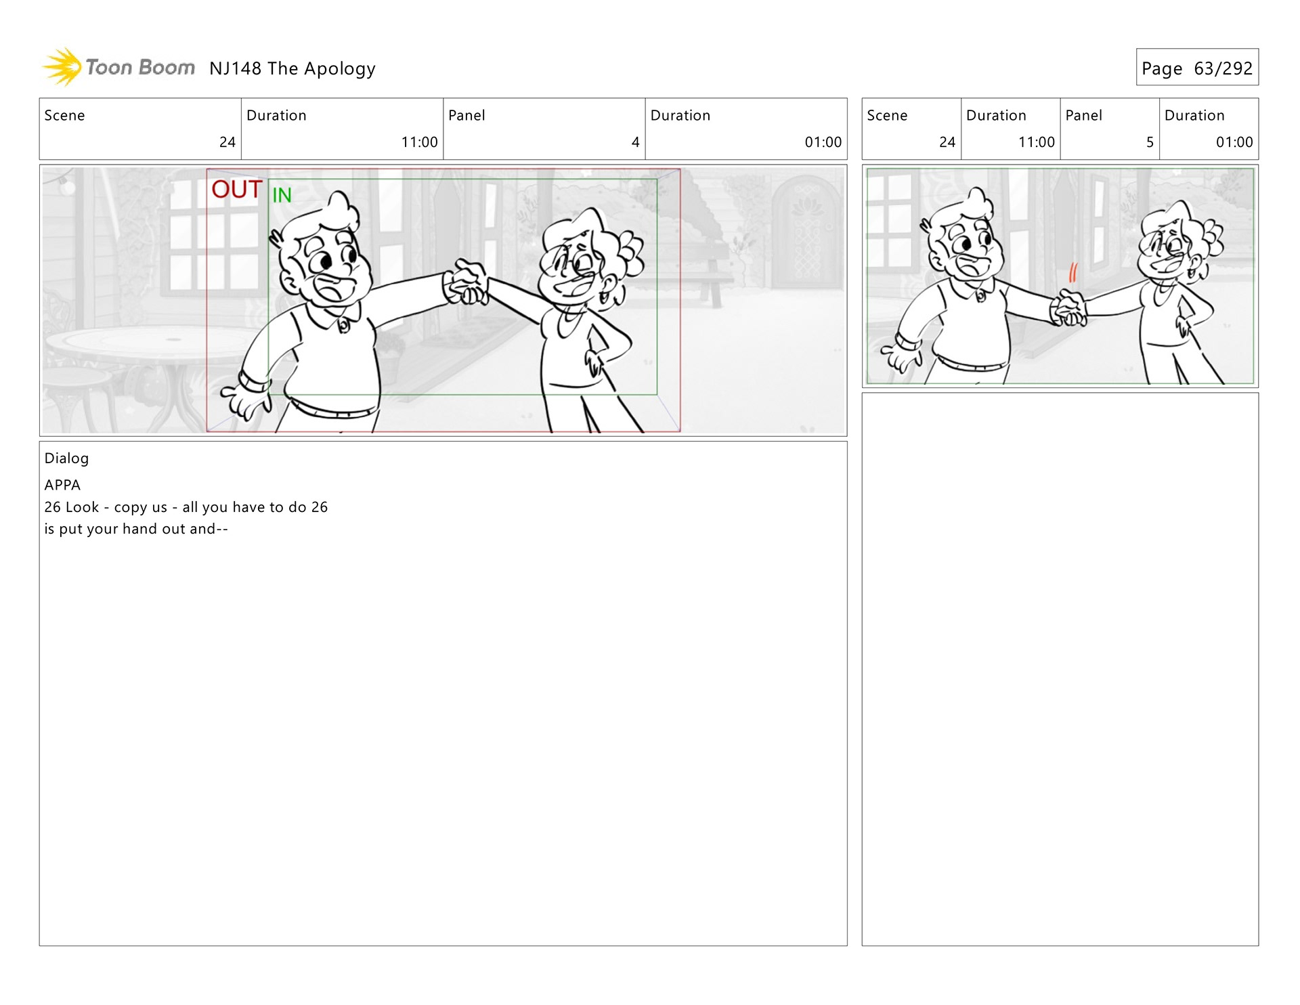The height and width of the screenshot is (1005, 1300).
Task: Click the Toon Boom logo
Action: tap(119, 67)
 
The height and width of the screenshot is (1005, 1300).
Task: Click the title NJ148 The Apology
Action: tap(292, 68)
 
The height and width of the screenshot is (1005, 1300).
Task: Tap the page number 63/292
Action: tap(1223, 68)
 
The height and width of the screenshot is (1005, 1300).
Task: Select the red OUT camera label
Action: tap(236, 190)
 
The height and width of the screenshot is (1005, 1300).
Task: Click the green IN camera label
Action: tap(282, 195)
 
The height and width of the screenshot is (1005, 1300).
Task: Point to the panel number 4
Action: tap(635, 142)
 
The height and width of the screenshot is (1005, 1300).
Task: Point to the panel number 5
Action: tap(1150, 142)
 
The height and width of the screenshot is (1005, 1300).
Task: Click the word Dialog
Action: tap(66, 458)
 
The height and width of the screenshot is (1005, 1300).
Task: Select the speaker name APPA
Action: tap(62, 485)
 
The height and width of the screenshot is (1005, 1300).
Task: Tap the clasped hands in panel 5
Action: tap(1068, 309)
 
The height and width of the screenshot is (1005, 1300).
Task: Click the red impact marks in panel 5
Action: tap(1072, 272)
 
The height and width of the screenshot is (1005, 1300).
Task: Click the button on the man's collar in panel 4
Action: tap(344, 326)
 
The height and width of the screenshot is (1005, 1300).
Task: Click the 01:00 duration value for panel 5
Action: tap(1234, 142)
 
